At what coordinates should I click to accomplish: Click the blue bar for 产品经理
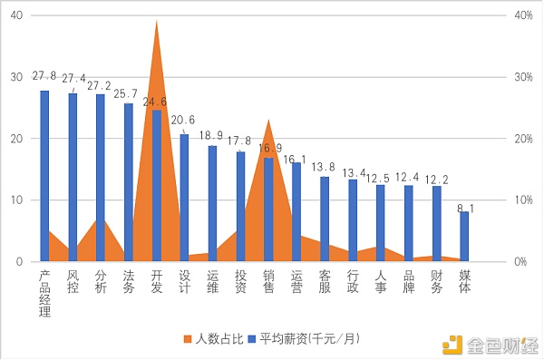[x=44, y=176]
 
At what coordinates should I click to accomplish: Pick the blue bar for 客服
[x=325, y=219]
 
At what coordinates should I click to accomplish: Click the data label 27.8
[x=44, y=76]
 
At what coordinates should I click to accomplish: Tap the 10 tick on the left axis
[x=18, y=199]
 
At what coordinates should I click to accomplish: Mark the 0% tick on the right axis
[x=523, y=261]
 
